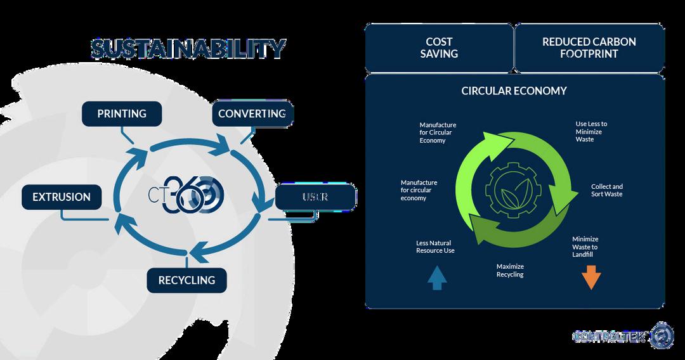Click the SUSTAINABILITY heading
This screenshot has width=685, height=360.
[x=188, y=49]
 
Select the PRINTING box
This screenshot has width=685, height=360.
[x=122, y=114]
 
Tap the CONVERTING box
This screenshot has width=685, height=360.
[x=252, y=114]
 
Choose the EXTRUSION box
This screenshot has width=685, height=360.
[x=62, y=197]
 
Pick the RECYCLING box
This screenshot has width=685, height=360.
[x=186, y=280]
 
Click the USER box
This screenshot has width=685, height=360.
[x=315, y=197]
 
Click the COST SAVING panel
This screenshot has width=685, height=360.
[x=439, y=48]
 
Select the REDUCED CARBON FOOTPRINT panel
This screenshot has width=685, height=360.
[x=589, y=48]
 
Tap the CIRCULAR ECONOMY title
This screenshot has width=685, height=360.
[x=514, y=91]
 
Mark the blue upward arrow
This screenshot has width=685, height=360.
[x=437, y=277]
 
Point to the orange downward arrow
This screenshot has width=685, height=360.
[x=591, y=277]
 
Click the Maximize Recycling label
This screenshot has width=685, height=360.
[x=510, y=271]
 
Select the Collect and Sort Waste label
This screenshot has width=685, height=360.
[x=606, y=190]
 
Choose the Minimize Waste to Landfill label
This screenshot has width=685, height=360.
[x=585, y=247]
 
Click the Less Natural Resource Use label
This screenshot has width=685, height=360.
[x=435, y=247]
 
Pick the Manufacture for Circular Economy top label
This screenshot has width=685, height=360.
[x=438, y=132]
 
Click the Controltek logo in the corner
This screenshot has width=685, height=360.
[x=622, y=336]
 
